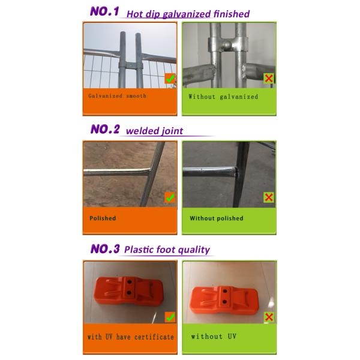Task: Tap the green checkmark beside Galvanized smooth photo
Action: tap(170, 79)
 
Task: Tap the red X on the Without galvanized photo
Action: tap(269, 78)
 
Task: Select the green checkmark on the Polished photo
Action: tap(170, 197)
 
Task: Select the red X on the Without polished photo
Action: tap(269, 197)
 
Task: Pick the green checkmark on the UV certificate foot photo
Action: tap(170, 316)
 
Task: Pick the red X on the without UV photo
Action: tap(269, 316)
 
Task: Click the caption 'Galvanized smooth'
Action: tap(117, 96)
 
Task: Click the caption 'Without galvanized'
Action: tap(223, 97)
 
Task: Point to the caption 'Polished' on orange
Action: tap(103, 218)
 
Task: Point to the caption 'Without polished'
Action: tap(217, 218)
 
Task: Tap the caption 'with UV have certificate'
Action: tap(131, 337)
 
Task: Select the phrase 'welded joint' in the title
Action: tap(154, 131)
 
